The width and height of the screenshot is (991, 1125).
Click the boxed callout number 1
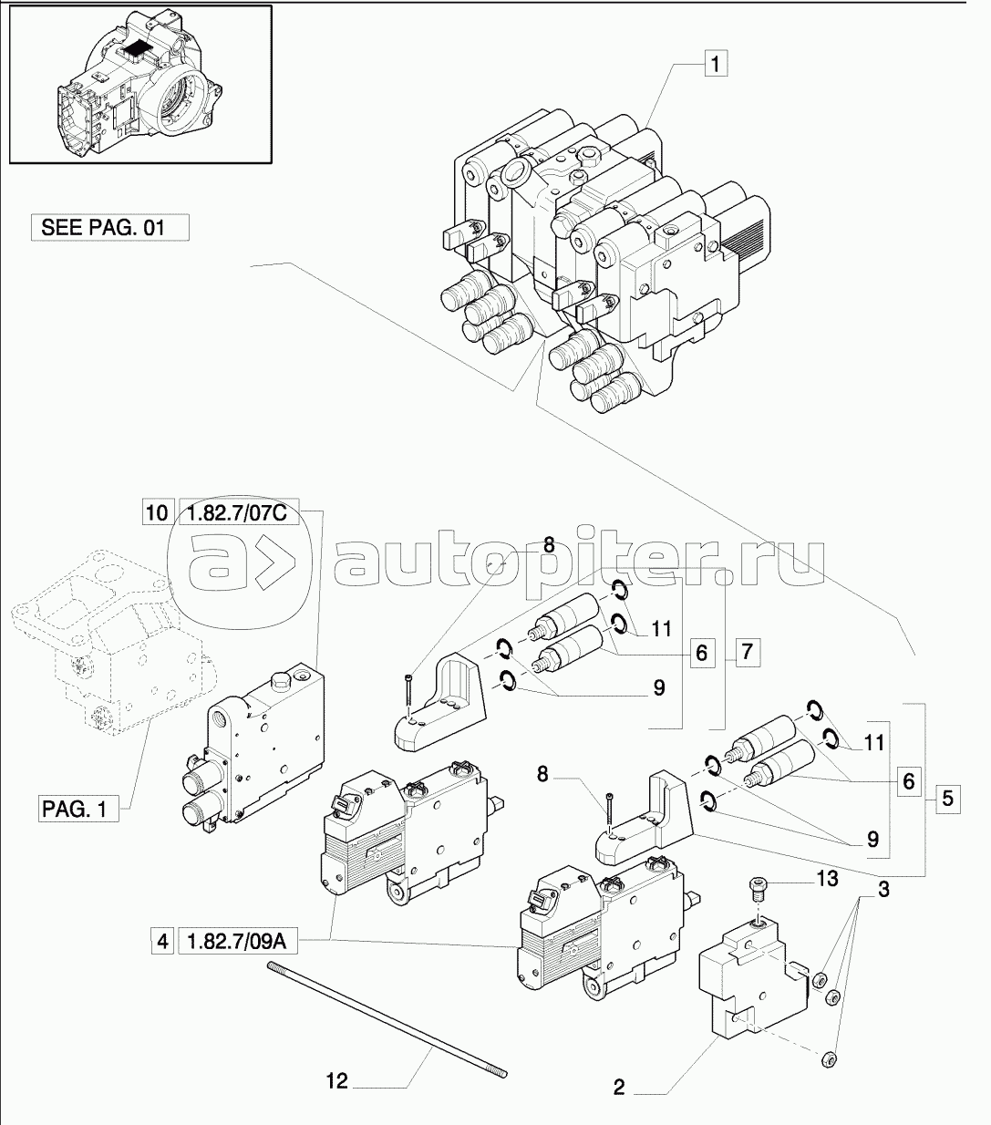point(716,64)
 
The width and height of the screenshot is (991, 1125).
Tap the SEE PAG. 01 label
point(110,227)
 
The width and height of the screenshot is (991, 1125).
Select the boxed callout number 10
point(156,513)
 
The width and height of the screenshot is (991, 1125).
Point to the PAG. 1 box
point(78,808)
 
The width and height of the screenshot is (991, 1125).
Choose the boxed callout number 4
point(162,941)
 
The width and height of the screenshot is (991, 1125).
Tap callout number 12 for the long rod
point(337,1081)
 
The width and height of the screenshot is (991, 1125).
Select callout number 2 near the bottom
point(619,1087)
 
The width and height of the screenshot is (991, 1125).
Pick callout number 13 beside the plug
point(826,880)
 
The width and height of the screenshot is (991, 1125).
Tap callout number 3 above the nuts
point(883,889)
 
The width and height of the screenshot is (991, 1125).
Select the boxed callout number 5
point(947,799)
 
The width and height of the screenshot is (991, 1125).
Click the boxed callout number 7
point(746,651)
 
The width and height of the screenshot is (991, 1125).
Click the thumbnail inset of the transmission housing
point(139,85)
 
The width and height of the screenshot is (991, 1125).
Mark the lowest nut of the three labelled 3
point(828,1059)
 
